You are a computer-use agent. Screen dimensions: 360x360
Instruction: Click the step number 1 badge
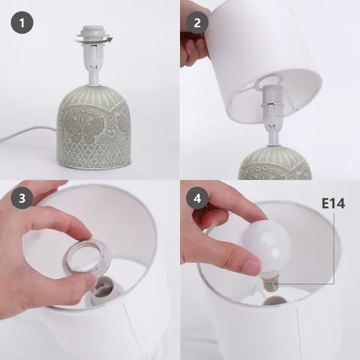22,23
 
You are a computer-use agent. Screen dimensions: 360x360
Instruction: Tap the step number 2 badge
197,23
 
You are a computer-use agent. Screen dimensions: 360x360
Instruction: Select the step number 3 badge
22,197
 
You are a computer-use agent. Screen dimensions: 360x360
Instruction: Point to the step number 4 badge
197,197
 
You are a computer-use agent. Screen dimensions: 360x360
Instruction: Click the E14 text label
333,203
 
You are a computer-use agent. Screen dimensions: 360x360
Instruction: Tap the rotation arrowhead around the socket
110,40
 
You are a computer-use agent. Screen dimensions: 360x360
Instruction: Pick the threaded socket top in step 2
271,94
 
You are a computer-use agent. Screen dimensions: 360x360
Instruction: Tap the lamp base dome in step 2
275,163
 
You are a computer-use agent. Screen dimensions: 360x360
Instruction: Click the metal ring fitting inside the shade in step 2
269,82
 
